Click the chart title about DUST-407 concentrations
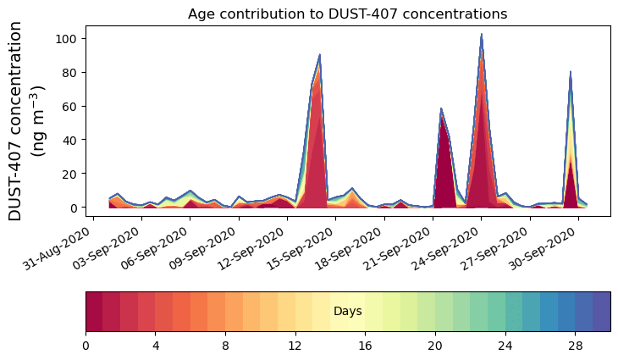point(347,14)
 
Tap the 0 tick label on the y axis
point(74,208)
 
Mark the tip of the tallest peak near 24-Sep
point(482,35)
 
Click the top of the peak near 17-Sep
point(320,55)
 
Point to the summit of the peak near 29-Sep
point(571,72)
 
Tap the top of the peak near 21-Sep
point(441,108)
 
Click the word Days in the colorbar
point(347,312)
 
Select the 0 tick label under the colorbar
point(86,346)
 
